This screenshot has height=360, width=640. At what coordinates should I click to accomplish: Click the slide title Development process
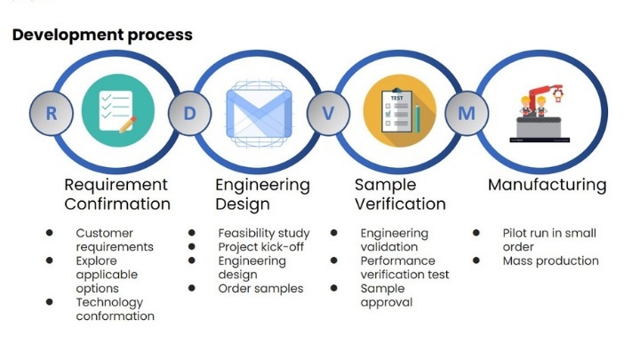pyautogui.click(x=102, y=35)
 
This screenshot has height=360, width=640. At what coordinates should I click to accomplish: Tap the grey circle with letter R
pyautogui.click(x=52, y=113)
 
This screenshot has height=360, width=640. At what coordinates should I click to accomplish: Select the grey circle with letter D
pyautogui.click(x=189, y=113)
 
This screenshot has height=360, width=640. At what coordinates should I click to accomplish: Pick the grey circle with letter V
pyautogui.click(x=328, y=113)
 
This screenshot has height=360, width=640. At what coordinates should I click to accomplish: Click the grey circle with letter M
pyautogui.click(x=467, y=113)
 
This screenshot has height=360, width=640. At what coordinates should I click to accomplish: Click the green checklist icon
pyautogui.click(x=118, y=110)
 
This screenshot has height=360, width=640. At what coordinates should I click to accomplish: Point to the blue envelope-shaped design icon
pyautogui.click(x=260, y=114)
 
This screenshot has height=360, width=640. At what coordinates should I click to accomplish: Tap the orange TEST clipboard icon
pyautogui.click(x=400, y=110)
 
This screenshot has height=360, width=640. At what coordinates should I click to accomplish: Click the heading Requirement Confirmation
pyautogui.click(x=117, y=195)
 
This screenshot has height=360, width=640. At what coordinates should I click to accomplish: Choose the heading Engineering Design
pyautogui.click(x=262, y=195)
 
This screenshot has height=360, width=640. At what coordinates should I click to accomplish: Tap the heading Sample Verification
pyautogui.click(x=400, y=195)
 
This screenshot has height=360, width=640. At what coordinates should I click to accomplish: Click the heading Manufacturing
pyautogui.click(x=547, y=185)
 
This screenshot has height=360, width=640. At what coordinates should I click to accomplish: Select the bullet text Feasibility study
pyautogui.click(x=264, y=233)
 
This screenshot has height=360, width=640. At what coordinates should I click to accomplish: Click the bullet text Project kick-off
pyautogui.click(x=260, y=247)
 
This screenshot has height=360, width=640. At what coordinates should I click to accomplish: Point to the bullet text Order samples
pyautogui.click(x=260, y=289)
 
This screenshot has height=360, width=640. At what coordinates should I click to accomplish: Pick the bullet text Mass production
pyautogui.click(x=550, y=260)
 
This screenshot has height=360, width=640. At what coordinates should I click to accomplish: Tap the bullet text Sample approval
pyautogui.click(x=386, y=295)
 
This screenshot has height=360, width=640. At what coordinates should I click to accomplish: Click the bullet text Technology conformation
pyautogui.click(x=115, y=309)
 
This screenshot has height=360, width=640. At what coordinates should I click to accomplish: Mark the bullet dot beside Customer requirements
pyautogui.click(x=50, y=233)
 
